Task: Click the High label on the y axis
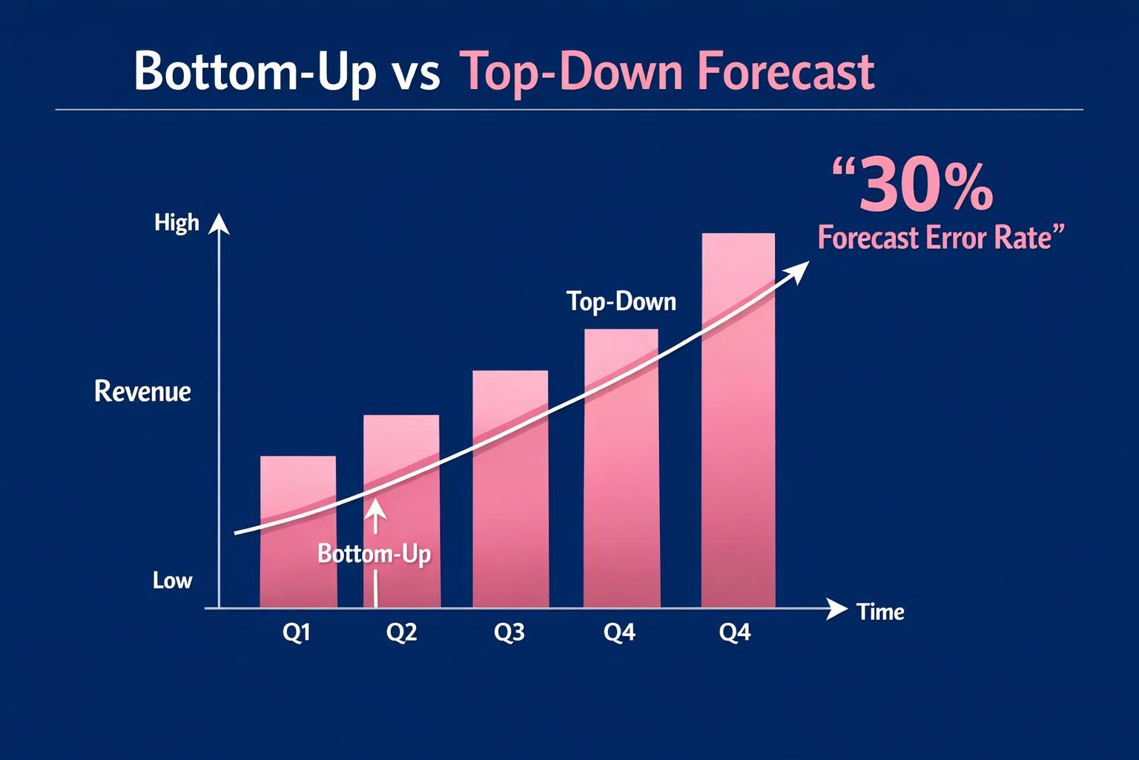176,223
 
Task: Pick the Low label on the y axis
172,580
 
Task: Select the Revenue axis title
142,391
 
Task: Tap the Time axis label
880,612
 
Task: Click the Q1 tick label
297,632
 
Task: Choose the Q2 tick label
402,632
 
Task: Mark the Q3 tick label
509,632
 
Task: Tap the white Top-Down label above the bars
621,301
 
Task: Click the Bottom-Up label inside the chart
374,554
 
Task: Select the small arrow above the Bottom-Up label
376,512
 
